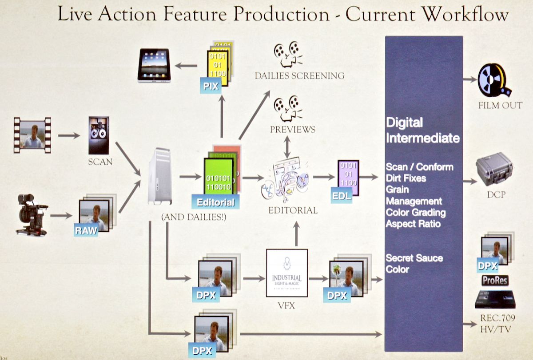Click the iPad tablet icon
click(x=154, y=65)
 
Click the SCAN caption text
click(x=100, y=162)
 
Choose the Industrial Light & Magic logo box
click(x=286, y=273)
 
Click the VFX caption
click(x=286, y=305)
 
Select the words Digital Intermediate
click(x=422, y=130)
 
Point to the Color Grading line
click(x=415, y=212)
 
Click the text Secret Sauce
click(x=414, y=258)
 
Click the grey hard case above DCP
click(x=494, y=169)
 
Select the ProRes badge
click(x=495, y=281)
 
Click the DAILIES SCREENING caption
click(x=299, y=75)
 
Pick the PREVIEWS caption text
click(x=293, y=130)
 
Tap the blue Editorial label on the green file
click(x=215, y=202)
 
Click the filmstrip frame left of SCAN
click(x=32, y=135)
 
